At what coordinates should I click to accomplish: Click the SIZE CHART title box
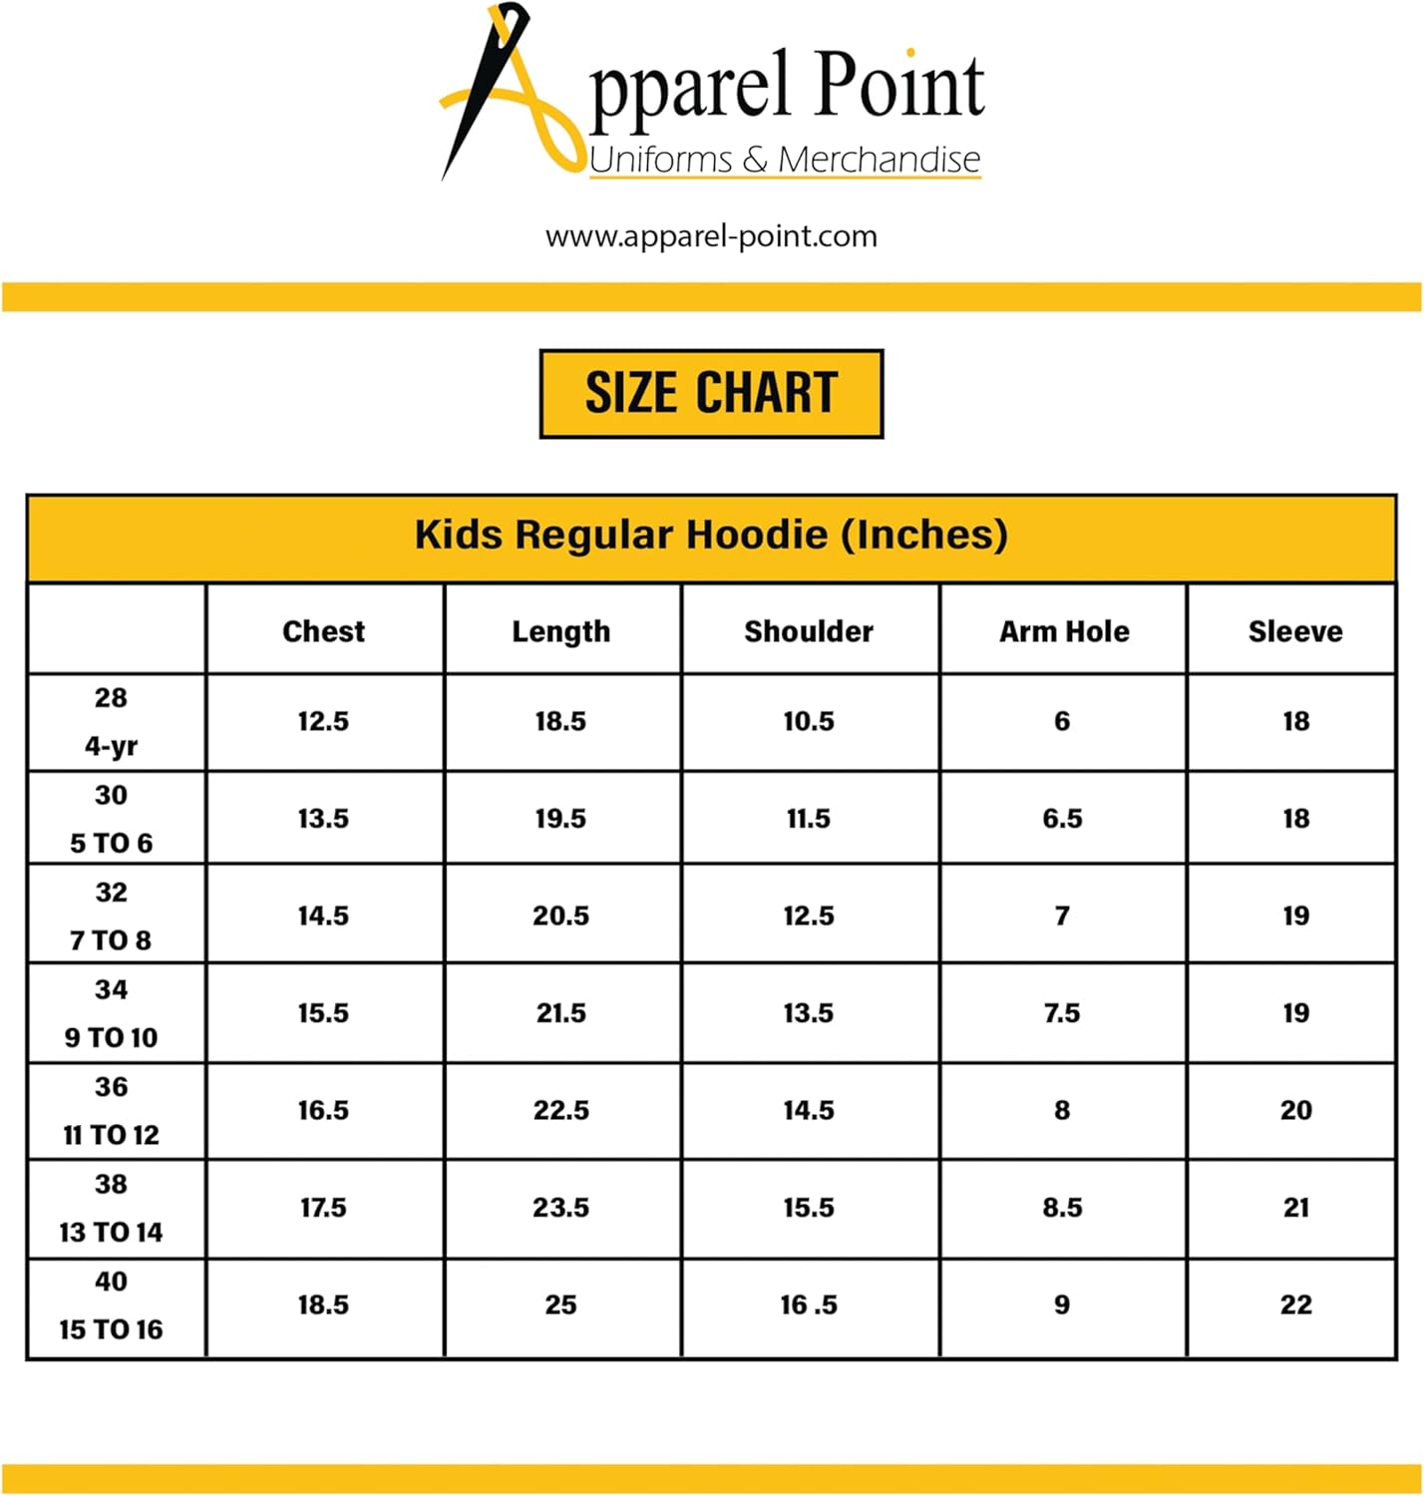pyautogui.click(x=711, y=393)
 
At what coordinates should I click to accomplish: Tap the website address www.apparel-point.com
pyautogui.click(x=711, y=236)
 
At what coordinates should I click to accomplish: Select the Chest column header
pyautogui.click(x=323, y=631)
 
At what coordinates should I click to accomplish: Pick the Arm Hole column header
pyautogui.click(x=1064, y=631)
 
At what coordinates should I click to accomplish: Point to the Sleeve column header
pyautogui.click(x=1294, y=631)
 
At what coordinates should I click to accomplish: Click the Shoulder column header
pyautogui.click(x=809, y=631)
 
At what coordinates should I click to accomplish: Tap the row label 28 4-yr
pyautogui.click(x=111, y=721)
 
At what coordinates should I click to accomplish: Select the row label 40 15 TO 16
pyautogui.click(x=111, y=1306)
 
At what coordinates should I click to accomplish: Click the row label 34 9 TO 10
pyautogui.click(x=111, y=1013)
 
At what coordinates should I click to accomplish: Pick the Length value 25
pyautogui.click(x=560, y=1305)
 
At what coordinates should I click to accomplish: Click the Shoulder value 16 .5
pyautogui.click(x=809, y=1305)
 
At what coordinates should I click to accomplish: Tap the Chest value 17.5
pyautogui.click(x=323, y=1208)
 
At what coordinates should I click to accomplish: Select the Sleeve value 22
pyautogui.click(x=1295, y=1305)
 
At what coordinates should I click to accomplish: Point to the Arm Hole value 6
pyautogui.click(x=1062, y=721)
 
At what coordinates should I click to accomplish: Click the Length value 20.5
pyautogui.click(x=560, y=916)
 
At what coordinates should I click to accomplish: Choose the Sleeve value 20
pyautogui.click(x=1295, y=1110)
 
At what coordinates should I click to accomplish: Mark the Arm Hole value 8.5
pyautogui.click(x=1062, y=1208)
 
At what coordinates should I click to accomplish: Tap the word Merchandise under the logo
pyautogui.click(x=879, y=160)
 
